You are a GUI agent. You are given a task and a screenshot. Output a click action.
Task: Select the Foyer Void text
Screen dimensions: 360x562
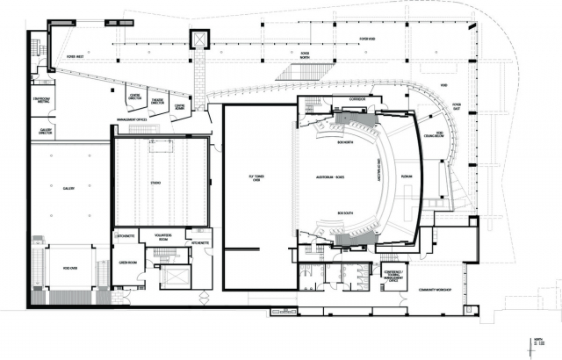(368, 38)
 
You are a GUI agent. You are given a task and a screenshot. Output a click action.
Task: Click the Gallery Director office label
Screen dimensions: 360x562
(46, 132)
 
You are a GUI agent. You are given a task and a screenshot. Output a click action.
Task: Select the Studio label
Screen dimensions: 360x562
(155, 184)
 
